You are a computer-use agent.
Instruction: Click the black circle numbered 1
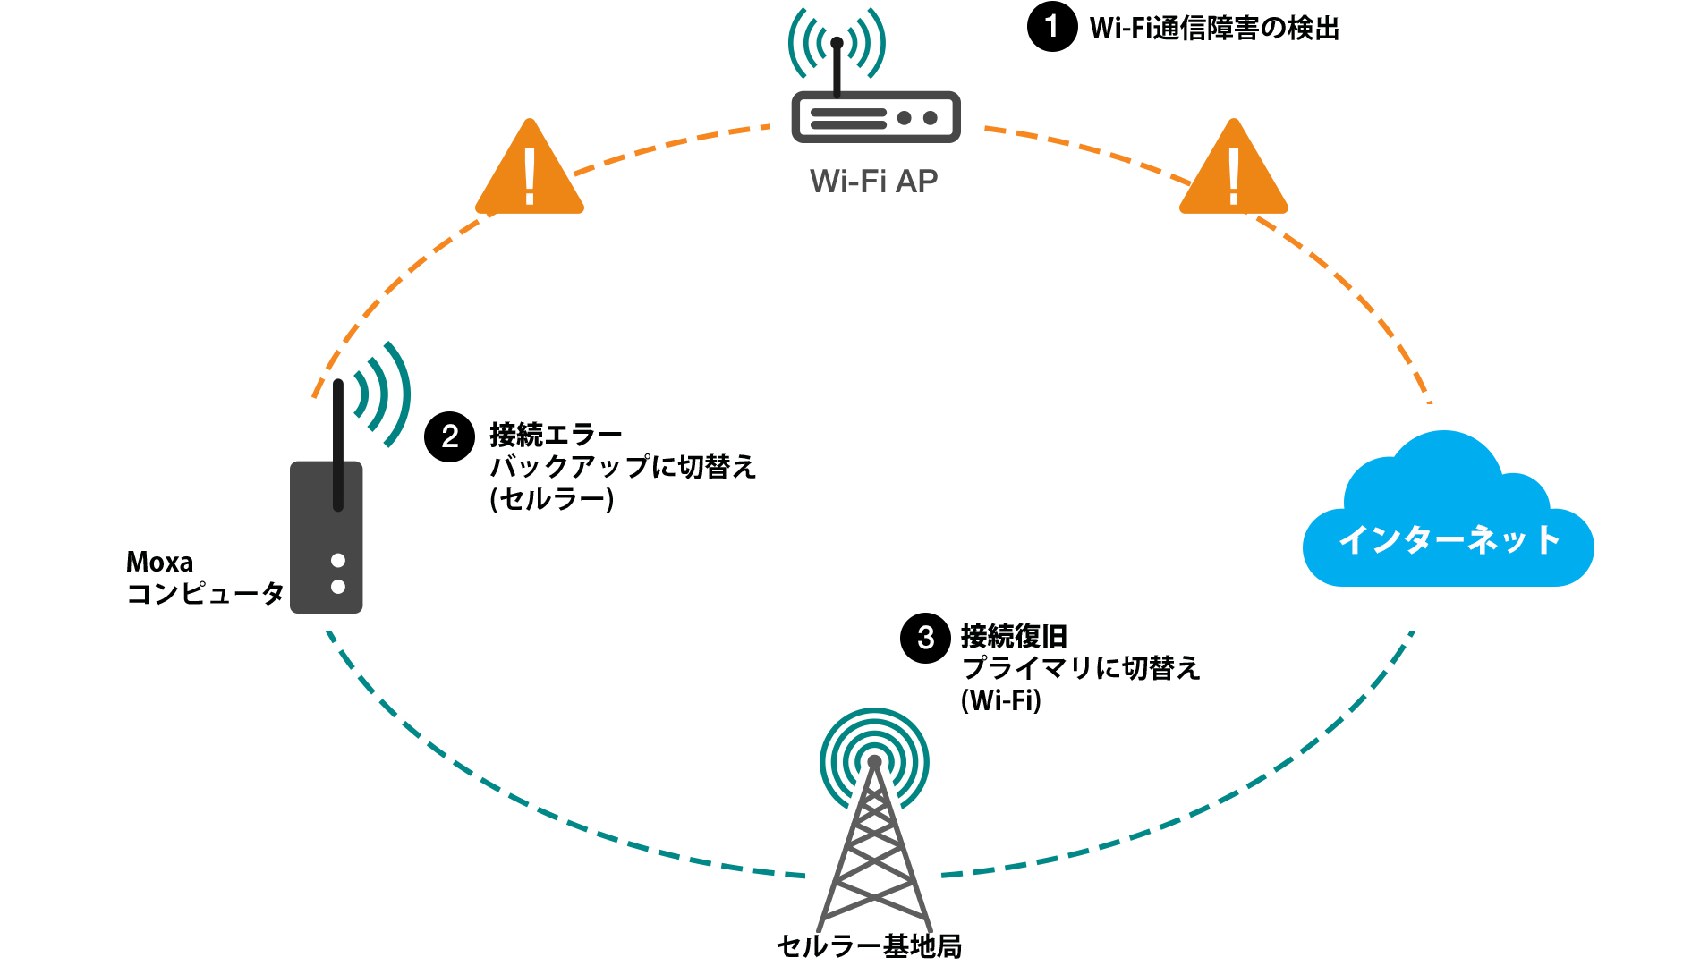click(1051, 27)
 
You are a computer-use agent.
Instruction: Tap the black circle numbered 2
click(449, 436)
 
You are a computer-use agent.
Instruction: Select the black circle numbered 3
click(925, 638)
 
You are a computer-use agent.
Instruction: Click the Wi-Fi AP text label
click(873, 182)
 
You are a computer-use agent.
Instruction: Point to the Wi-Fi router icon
click(875, 116)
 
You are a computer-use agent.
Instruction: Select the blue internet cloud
click(1448, 519)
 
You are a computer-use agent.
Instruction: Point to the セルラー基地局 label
click(869, 945)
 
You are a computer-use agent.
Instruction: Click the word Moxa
click(159, 562)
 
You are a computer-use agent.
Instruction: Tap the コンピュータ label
click(205, 593)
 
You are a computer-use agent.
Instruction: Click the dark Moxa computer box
click(326, 537)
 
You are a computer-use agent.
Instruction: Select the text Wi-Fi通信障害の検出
click(1214, 29)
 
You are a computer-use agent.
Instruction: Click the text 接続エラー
click(556, 436)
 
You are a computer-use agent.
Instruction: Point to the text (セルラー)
click(552, 499)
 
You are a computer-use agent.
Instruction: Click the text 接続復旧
click(1014, 637)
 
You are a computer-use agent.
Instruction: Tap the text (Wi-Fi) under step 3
click(1001, 700)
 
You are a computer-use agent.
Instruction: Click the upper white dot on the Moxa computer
click(338, 561)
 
